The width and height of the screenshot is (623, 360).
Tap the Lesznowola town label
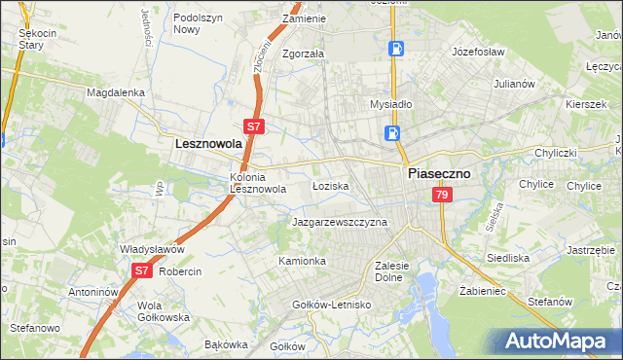207,143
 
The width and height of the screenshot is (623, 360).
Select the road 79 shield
442,196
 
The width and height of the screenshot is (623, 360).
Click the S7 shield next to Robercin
141,271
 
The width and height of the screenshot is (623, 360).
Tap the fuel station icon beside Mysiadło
392,133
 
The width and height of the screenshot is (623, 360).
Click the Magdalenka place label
115,92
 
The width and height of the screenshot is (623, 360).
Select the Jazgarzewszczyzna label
340,222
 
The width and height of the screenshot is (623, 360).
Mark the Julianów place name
515,84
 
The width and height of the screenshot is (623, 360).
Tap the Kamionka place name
302,262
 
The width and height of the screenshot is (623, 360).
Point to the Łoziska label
330,185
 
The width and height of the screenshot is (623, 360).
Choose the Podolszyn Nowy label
200,23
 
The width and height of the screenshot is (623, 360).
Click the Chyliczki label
555,154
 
